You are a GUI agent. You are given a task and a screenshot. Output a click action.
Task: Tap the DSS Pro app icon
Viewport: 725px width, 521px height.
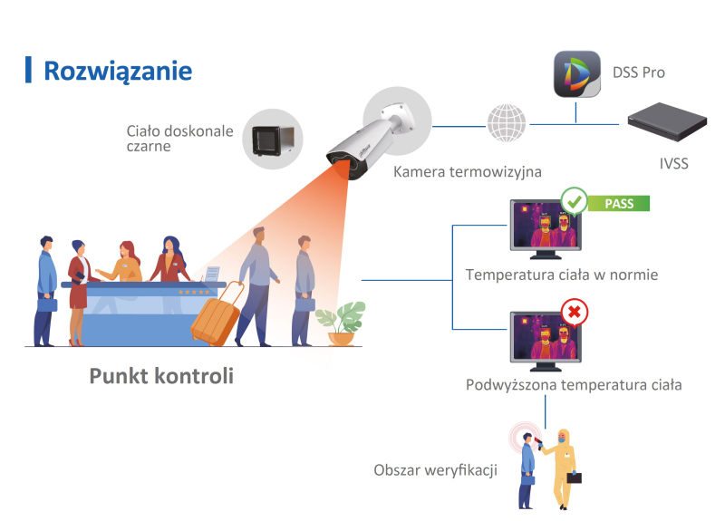pos(575,75)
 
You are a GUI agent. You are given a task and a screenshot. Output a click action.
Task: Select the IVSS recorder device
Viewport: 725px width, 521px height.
pos(667,122)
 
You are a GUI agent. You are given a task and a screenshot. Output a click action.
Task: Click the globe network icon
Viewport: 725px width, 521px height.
pos(506,123)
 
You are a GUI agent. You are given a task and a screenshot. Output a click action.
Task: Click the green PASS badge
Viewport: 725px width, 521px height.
pos(619,203)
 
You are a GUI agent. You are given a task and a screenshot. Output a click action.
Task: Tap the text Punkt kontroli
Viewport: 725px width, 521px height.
pos(161,375)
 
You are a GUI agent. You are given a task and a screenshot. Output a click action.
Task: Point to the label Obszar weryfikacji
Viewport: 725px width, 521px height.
pos(435,470)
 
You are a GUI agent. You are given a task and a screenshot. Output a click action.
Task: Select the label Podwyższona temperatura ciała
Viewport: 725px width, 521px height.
pos(574,385)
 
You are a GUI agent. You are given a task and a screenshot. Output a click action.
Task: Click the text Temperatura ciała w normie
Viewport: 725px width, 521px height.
pos(561,275)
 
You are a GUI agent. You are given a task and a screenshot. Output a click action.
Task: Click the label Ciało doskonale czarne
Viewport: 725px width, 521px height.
pos(179,139)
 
